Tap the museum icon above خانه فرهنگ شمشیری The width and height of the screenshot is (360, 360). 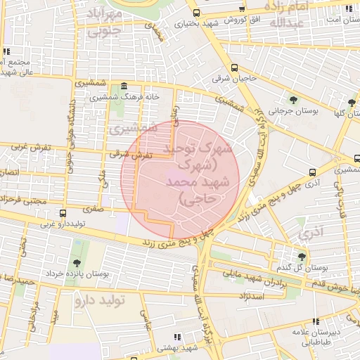(x=124, y=85)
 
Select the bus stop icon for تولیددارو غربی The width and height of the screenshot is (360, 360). (x=63, y=213)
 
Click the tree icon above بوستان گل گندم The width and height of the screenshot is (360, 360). (x=302, y=257)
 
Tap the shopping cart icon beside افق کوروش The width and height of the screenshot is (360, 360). (x=243, y=8)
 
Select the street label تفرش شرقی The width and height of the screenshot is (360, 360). (x=127, y=155)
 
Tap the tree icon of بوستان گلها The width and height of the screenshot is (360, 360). (x=352, y=103)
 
